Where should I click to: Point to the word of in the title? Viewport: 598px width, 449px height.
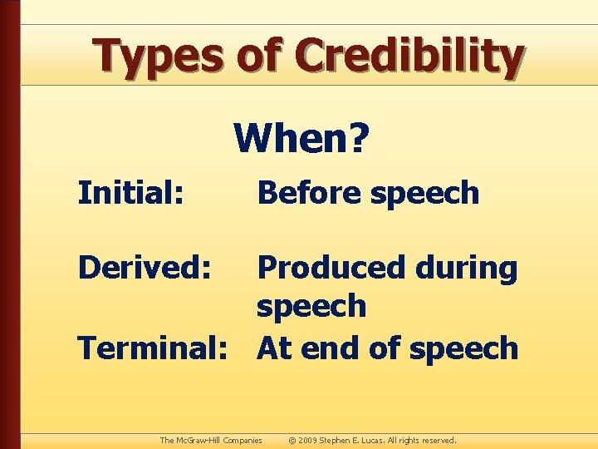(261, 56)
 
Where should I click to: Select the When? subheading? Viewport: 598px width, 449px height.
(300, 138)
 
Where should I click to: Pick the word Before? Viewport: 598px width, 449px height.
(310, 193)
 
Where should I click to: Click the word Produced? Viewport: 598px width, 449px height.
(334, 268)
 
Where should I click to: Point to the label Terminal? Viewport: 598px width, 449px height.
(154, 348)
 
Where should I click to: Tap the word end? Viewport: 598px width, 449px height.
(327, 348)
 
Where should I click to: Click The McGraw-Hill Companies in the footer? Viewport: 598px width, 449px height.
(211, 440)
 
